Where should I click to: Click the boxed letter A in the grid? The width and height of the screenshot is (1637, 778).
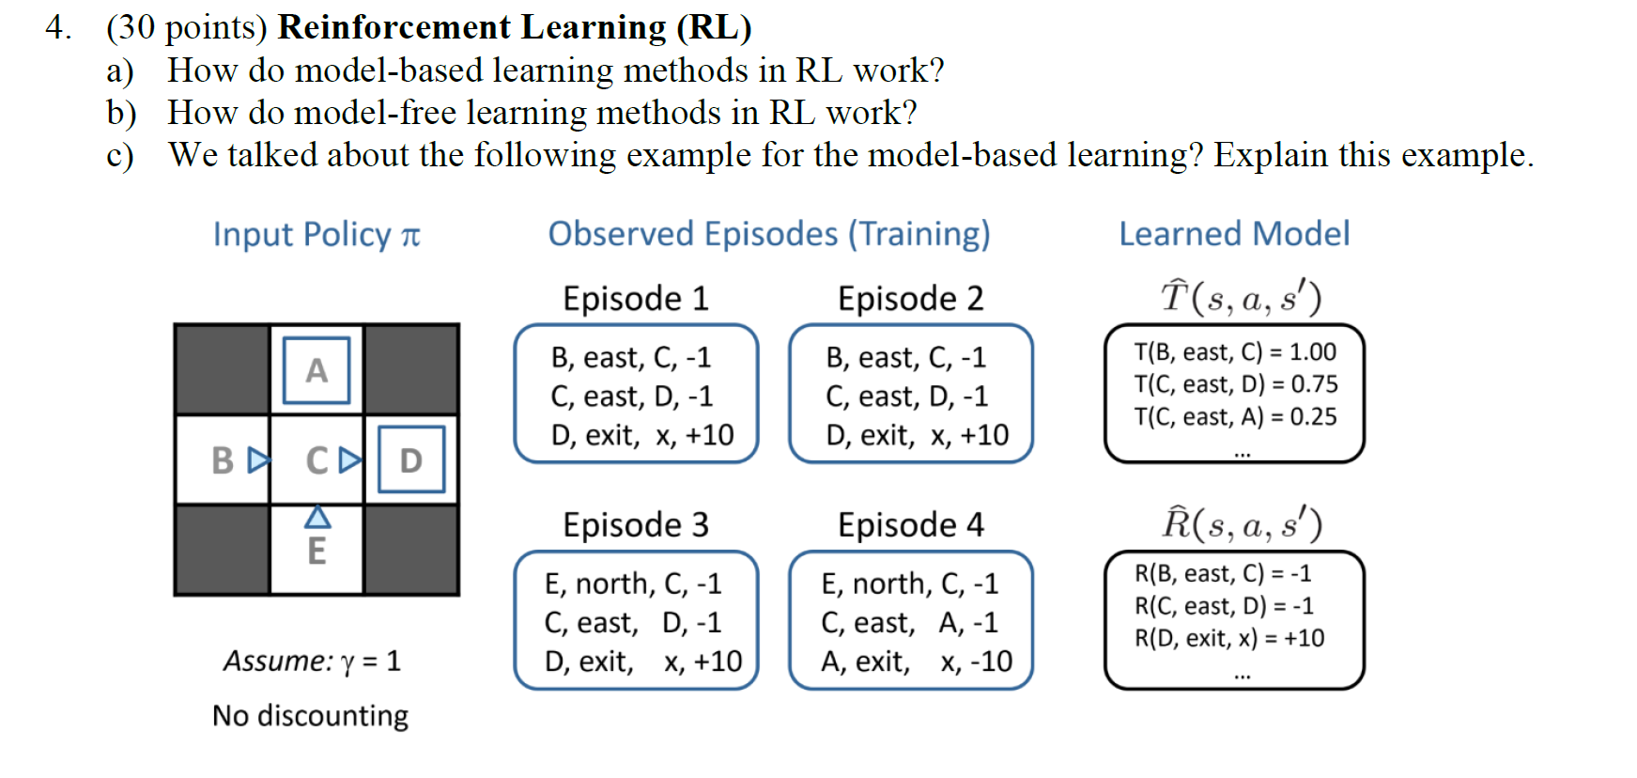[317, 370]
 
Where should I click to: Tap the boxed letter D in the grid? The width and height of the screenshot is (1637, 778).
[410, 459]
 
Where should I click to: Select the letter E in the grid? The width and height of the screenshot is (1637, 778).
[317, 551]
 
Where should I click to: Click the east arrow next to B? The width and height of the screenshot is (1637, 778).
[258, 460]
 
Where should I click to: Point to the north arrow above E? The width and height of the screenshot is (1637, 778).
[317, 517]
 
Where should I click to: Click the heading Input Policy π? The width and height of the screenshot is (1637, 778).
[316, 234]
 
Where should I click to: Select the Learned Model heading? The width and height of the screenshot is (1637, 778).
[1233, 233]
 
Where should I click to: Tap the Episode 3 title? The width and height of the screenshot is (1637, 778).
[635, 524]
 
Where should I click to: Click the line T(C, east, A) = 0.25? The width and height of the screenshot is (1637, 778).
[1234, 416]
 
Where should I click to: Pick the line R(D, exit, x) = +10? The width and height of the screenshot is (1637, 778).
[1228, 638]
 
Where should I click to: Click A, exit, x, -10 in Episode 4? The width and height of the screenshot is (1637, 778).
[916, 661]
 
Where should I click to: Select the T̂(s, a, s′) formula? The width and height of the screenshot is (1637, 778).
[1241, 297]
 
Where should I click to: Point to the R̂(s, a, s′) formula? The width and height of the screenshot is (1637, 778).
[1241, 523]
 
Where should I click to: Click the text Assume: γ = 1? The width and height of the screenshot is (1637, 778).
[311, 661]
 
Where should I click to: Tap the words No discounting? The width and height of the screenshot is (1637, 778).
[310, 715]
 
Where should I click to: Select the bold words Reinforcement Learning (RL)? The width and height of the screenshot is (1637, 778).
[514, 27]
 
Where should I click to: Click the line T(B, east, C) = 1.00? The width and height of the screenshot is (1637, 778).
[1234, 351]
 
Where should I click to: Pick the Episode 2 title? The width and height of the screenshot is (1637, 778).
[910, 298]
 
